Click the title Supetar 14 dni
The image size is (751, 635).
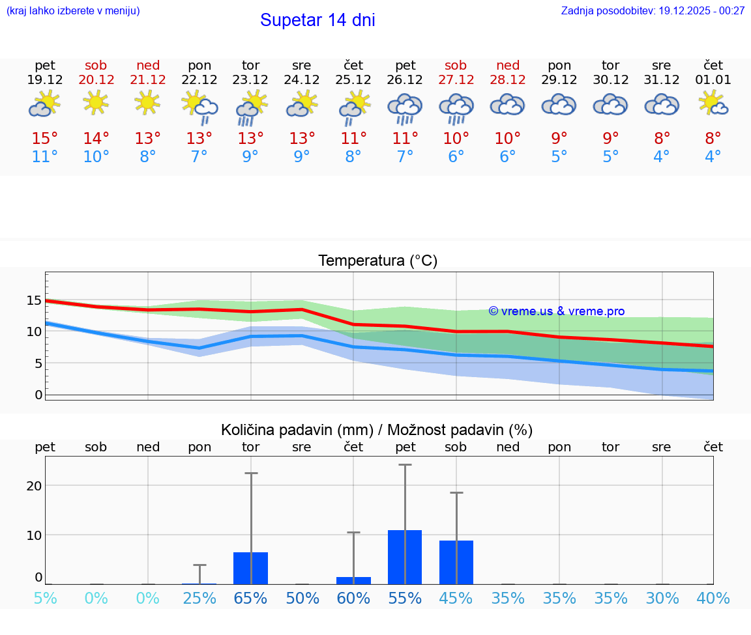tap(317, 20)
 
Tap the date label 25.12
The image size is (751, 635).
tap(353, 80)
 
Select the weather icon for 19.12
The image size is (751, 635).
tap(44, 104)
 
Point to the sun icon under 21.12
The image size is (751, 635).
tap(148, 102)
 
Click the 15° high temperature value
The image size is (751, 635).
tap(45, 139)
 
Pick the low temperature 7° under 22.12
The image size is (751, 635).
tap(199, 157)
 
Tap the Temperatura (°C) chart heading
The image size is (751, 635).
tap(377, 261)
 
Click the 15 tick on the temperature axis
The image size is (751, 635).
tap(34, 300)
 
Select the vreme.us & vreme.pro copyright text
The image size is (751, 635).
tap(557, 311)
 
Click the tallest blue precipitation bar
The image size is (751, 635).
tap(405, 557)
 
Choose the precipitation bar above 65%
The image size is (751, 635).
tap(251, 568)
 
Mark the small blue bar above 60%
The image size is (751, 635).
tap(353, 580)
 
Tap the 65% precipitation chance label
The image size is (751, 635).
tap(250, 599)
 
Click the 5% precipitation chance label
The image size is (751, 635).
tap(45, 599)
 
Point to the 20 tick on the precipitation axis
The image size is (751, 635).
tap(34, 486)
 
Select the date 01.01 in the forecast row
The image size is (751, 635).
tap(713, 80)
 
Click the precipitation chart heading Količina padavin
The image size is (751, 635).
tap(377, 430)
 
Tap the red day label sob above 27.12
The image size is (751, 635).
tap(456, 66)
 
